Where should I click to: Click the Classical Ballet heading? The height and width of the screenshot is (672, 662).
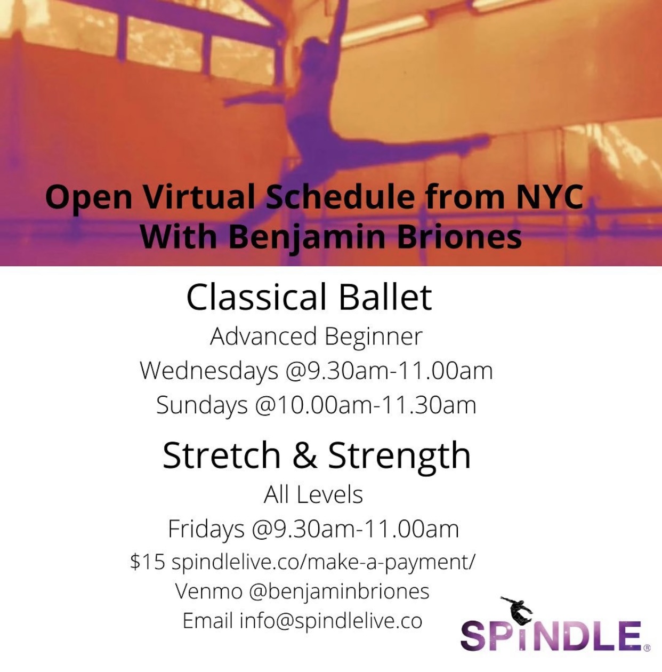(x=309, y=297)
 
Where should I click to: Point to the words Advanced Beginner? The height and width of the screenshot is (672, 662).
(x=316, y=337)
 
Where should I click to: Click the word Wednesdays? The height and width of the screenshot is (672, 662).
(x=209, y=370)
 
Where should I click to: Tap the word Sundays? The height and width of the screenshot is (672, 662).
(x=202, y=405)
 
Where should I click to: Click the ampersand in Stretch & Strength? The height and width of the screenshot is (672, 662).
(x=305, y=455)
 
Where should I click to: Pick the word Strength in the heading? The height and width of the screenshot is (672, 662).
(x=400, y=455)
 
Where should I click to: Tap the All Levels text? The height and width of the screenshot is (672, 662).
(x=313, y=494)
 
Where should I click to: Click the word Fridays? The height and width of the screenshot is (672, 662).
(x=206, y=529)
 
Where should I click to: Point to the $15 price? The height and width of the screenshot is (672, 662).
(x=147, y=562)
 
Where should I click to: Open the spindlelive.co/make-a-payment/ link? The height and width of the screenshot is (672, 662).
(x=323, y=562)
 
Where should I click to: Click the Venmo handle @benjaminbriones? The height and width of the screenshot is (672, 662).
(x=339, y=592)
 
